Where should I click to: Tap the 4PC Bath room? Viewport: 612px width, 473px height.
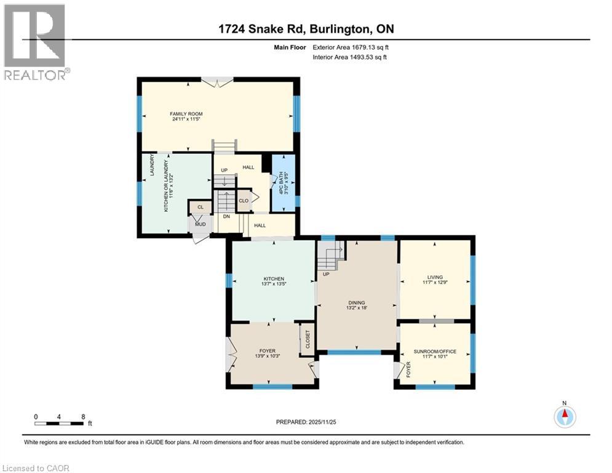(x=284, y=184)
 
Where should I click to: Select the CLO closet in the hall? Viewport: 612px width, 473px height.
(x=244, y=201)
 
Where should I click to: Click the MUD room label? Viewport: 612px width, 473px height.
(x=201, y=224)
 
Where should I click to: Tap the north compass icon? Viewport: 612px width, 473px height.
(x=564, y=416)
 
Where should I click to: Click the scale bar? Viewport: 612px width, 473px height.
(x=60, y=423)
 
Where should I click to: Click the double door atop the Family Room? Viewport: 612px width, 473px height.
(x=218, y=79)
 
